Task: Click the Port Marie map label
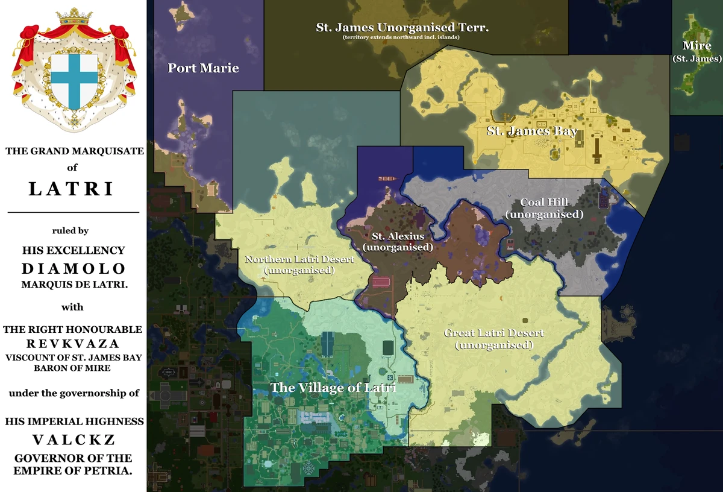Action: coord(203,68)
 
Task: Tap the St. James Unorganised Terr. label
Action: coord(402,27)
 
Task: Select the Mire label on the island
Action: coord(696,46)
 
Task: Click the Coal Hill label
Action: coord(545,203)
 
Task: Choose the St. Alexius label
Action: coord(398,236)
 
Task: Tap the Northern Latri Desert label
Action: coord(299,259)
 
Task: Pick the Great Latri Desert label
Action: coord(494,333)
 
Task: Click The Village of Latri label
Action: coord(333,388)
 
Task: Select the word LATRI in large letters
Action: coord(71,189)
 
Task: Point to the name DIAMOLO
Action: coord(74,268)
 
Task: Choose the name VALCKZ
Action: coord(74,440)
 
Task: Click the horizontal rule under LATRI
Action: coord(73,212)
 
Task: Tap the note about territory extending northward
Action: coord(402,37)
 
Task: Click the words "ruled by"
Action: coord(72,230)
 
